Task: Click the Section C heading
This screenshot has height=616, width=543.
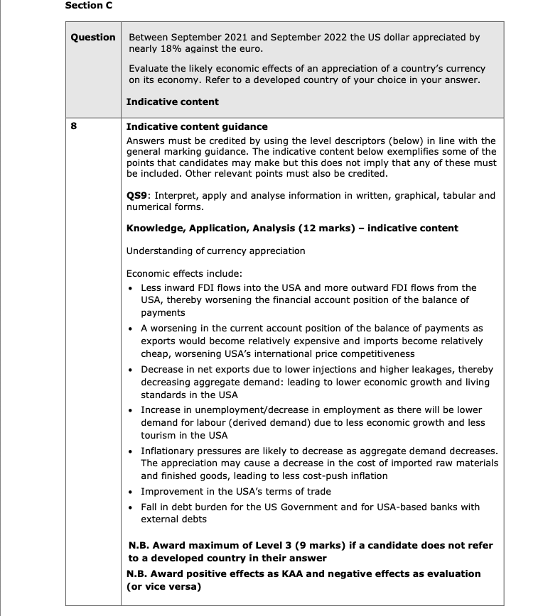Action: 88,6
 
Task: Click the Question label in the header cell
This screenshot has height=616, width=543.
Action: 93,38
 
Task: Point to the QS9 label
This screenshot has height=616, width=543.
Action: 138,195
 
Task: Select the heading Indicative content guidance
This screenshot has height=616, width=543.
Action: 196,126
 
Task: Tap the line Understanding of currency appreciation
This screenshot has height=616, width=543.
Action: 215,251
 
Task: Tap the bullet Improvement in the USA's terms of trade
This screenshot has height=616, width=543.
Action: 236,491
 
